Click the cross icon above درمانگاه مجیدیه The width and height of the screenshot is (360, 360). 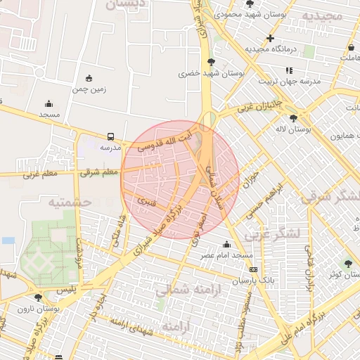tap(270, 38)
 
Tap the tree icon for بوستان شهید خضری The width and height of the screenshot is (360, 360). tap(211, 62)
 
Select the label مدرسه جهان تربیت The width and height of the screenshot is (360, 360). tap(289, 81)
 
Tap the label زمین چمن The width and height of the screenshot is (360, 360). tap(89, 89)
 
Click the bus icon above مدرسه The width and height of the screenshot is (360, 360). tap(110, 136)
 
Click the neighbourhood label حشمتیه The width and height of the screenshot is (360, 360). tap(70, 202)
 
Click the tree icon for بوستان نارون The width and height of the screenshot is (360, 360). tap(39, 297)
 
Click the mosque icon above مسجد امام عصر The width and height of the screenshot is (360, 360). tap(226, 244)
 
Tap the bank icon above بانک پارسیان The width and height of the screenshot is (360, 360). tap(253, 269)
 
